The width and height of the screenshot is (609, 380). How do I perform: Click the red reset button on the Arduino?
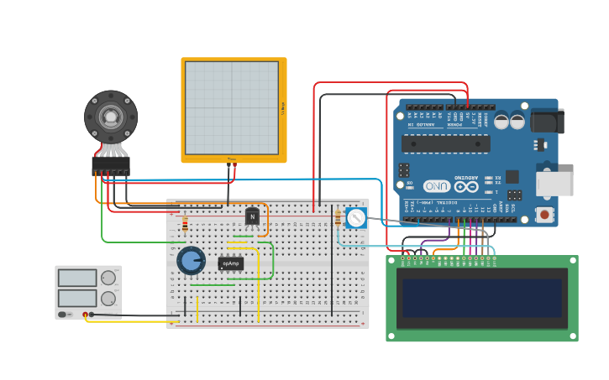[x=546, y=215]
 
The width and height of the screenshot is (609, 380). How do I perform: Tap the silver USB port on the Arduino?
[x=555, y=184]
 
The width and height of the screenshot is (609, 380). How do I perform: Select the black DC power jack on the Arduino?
[x=548, y=121]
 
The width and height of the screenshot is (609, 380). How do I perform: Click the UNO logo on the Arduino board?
[x=436, y=185]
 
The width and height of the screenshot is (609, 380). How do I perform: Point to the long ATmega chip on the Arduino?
[x=445, y=143]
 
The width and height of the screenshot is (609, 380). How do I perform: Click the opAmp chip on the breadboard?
[x=230, y=263]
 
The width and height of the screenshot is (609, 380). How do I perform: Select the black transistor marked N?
[x=252, y=217]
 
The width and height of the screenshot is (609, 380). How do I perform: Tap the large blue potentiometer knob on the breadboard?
[x=191, y=260]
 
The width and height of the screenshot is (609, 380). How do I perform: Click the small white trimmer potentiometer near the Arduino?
[x=356, y=219]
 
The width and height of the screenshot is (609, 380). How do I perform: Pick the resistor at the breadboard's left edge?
[x=185, y=223]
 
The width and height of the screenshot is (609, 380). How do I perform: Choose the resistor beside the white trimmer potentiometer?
[x=338, y=218]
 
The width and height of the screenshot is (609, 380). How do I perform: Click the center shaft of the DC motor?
[x=110, y=116]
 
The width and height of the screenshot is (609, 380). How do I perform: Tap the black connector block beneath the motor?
[x=110, y=165]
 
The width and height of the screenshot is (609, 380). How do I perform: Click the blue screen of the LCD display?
[x=481, y=298]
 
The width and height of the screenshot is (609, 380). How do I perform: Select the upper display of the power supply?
[x=77, y=278]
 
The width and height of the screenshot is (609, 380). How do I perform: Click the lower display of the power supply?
[x=77, y=298]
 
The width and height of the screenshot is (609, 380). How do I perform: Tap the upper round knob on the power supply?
[x=108, y=278]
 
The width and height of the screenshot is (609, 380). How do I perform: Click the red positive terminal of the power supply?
[x=85, y=315]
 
